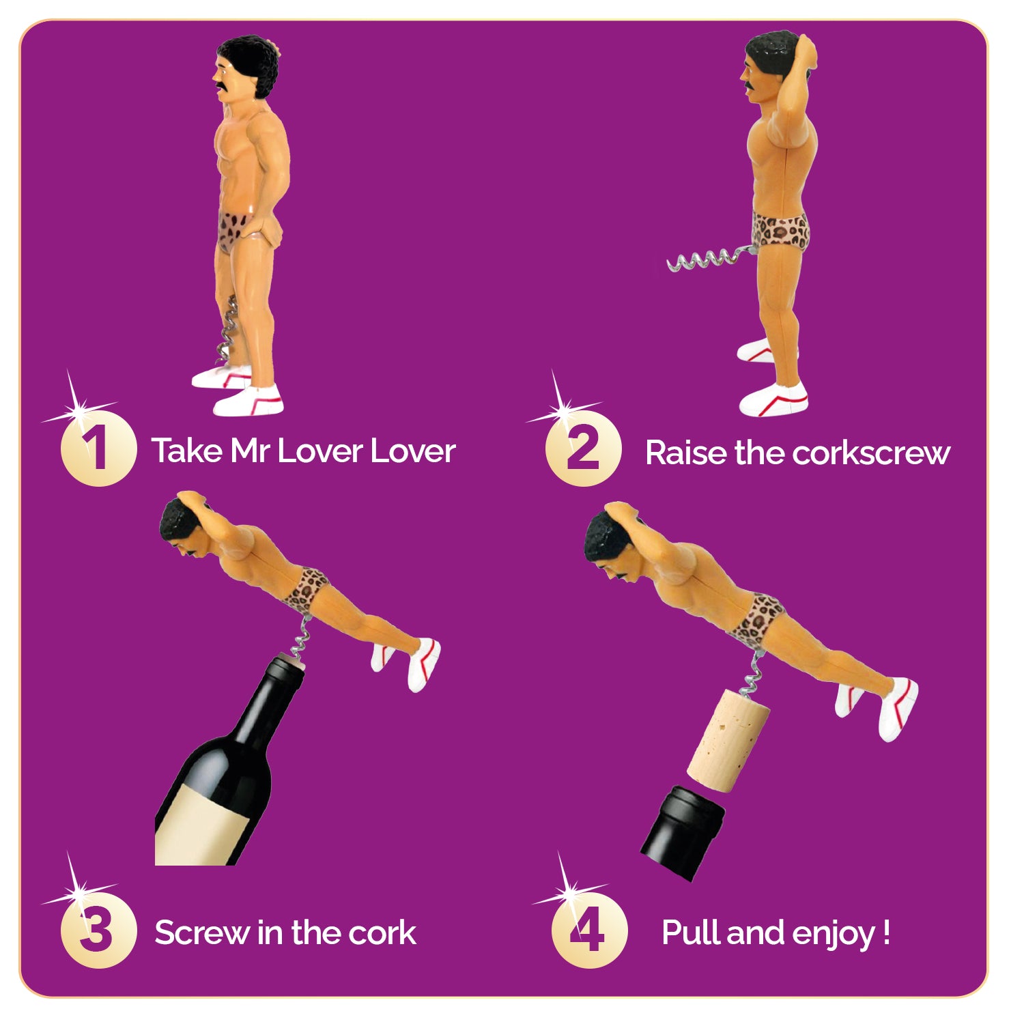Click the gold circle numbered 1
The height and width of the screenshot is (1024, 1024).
(x=99, y=449)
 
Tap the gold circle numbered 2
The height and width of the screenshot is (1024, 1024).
(x=584, y=449)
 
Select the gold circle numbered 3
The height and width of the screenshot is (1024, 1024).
(x=99, y=930)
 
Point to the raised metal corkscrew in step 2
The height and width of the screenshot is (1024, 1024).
(x=710, y=259)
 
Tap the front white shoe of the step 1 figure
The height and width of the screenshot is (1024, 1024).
(x=248, y=401)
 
